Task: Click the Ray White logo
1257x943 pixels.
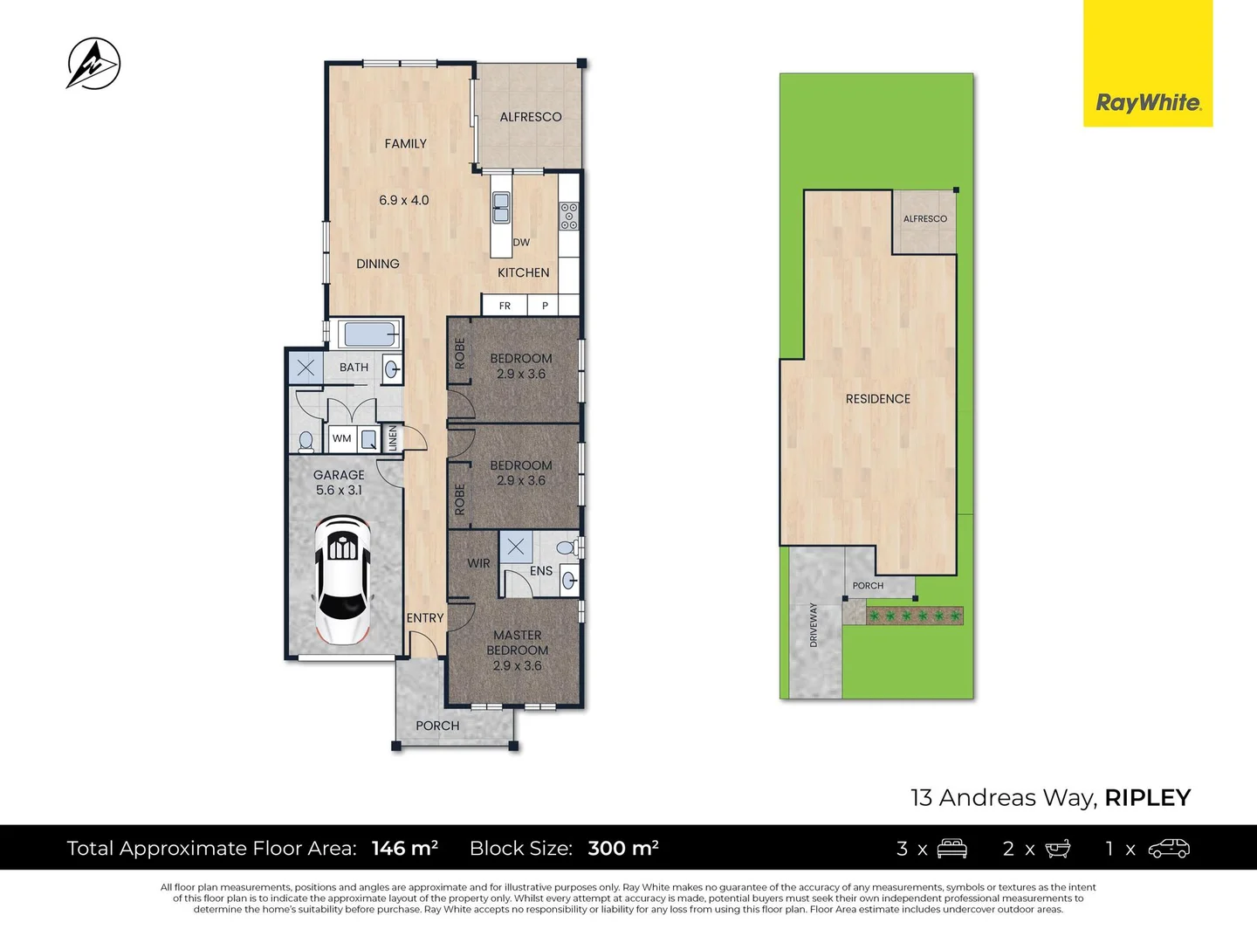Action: [x=1148, y=103]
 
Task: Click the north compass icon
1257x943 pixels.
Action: [x=93, y=64]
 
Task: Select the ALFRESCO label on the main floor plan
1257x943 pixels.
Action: [x=530, y=117]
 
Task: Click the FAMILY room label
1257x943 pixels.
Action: [x=405, y=144]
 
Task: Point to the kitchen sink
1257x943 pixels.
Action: [x=501, y=208]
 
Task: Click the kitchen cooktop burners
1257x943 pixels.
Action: [x=569, y=216]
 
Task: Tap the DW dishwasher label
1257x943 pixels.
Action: [x=521, y=243]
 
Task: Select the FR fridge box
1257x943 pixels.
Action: [x=505, y=306]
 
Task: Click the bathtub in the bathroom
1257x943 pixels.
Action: [x=371, y=334]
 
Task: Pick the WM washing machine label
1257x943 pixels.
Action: [x=342, y=438]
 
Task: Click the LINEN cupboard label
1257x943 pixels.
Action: [x=393, y=438]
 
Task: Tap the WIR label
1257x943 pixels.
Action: [x=478, y=564]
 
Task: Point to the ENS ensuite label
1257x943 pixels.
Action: [x=541, y=571]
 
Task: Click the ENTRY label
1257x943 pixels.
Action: [x=425, y=618]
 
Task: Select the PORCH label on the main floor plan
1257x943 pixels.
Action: [x=437, y=726]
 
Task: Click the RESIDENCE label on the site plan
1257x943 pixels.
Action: [x=877, y=399]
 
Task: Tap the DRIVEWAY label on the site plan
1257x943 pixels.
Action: [x=814, y=624]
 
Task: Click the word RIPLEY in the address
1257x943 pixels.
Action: [x=1147, y=798]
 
